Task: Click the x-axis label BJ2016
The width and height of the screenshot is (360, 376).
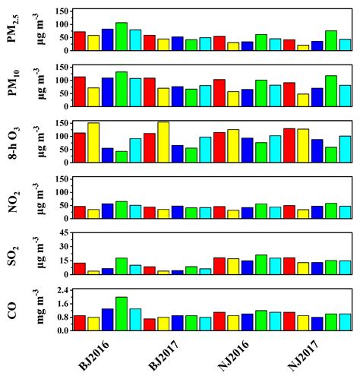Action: [89, 353]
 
